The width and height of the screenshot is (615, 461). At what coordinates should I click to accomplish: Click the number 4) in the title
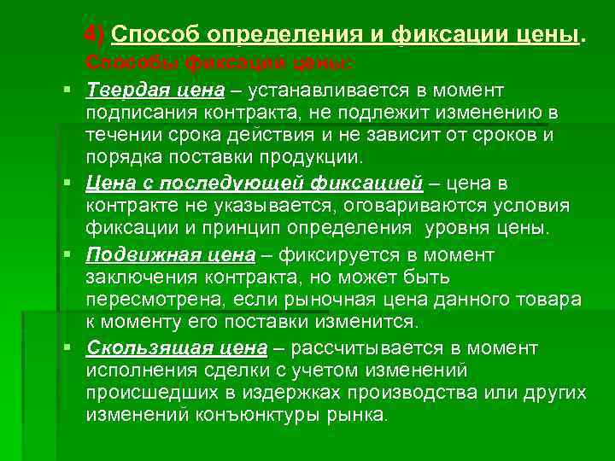click(95, 36)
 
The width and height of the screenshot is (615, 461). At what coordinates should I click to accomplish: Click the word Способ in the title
click(150, 36)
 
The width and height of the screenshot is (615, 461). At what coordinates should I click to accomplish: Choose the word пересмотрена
click(149, 300)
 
